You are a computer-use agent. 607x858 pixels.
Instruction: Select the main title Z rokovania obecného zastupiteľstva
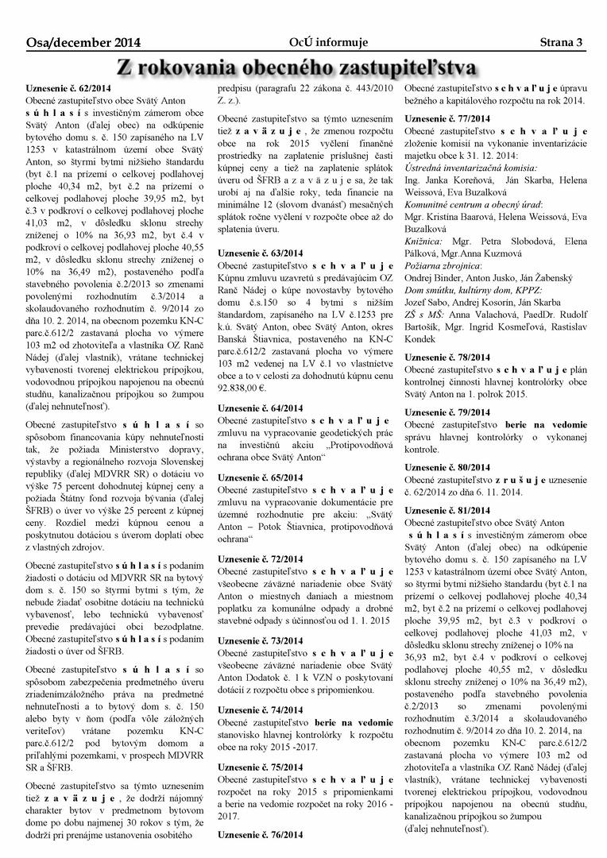click(x=297, y=66)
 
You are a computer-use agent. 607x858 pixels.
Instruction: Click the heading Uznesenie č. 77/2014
click(x=447, y=118)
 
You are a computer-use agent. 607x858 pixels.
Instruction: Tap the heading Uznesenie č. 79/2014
click(x=447, y=412)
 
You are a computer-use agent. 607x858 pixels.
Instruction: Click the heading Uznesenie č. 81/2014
click(x=447, y=510)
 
